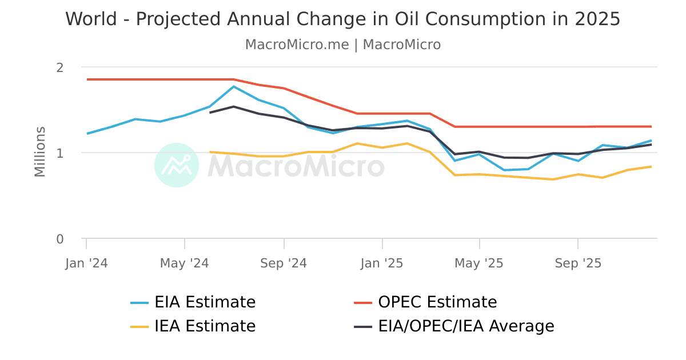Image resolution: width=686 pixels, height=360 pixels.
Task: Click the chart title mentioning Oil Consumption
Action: [343, 19]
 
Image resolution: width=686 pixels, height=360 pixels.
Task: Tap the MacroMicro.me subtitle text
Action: [343, 45]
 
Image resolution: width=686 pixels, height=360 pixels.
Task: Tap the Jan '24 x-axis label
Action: [86, 263]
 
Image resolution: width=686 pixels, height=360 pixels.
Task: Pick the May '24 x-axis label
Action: [184, 263]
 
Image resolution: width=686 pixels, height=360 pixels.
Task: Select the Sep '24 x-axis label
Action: [284, 263]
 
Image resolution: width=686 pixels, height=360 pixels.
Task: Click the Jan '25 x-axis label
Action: [382, 263]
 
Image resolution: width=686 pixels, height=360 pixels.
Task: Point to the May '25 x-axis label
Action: [479, 263]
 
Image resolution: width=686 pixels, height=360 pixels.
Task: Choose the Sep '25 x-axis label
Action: [578, 263]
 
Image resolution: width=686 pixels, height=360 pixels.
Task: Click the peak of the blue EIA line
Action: [234, 86]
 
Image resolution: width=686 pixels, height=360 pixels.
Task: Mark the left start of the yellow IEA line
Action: [210, 152]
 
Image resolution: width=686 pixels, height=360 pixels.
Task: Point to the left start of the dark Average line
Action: [210, 113]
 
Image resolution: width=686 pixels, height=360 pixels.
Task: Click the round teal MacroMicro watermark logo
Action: [177, 165]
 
